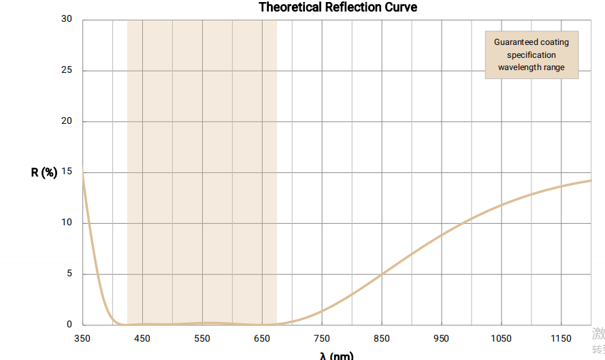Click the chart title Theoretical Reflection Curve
tap(338, 7)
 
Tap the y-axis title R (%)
tap(44, 172)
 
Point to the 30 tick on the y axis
tap(67, 19)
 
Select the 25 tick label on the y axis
tap(67, 71)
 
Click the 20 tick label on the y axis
tap(67, 121)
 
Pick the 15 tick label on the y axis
tap(67, 172)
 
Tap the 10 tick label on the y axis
tap(67, 223)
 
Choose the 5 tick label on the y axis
tap(69, 274)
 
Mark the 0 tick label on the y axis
tap(69, 325)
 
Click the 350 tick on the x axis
tap(82, 338)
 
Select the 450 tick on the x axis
tap(142, 338)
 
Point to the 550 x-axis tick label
tap(202, 338)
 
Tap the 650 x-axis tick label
tap(262, 338)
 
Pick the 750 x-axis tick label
tap(322, 338)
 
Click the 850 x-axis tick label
tap(382, 338)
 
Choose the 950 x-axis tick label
tap(442, 338)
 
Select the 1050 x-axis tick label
tap(502, 338)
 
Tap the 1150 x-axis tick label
tap(561, 338)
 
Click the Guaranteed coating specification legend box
tap(532, 54)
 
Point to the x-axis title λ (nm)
tap(336, 355)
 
